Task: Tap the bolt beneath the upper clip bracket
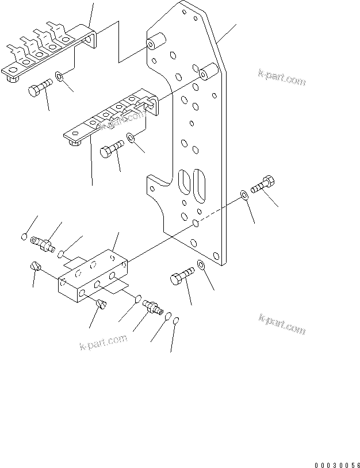click(x=39, y=90)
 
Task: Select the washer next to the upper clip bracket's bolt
click(x=60, y=76)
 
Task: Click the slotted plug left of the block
click(x=35, y=267)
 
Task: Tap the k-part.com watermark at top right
click(x=281, y=79)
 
